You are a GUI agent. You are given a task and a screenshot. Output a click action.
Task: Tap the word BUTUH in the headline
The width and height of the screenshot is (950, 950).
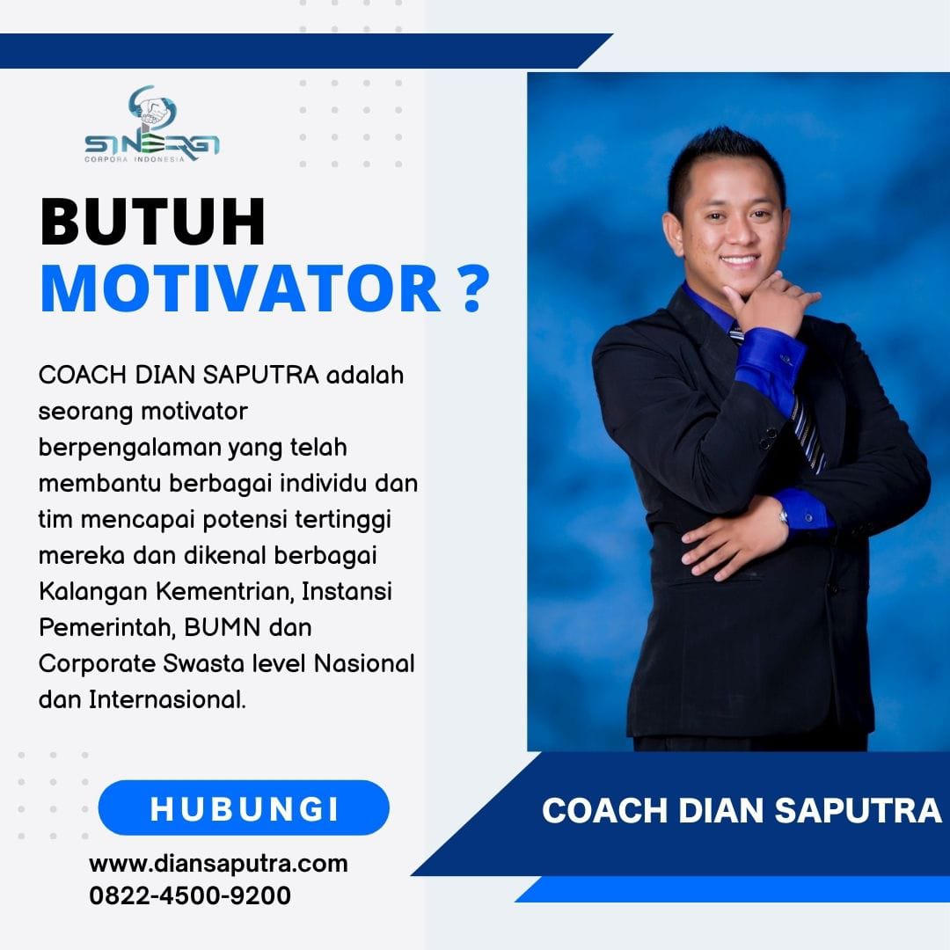coord(153,221)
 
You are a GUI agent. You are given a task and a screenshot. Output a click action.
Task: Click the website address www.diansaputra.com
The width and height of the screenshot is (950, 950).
coord(219,864)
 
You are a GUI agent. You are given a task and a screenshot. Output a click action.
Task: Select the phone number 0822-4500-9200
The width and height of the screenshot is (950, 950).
coord(190,895)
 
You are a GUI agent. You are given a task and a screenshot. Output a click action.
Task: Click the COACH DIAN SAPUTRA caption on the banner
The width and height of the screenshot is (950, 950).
coord(742,811)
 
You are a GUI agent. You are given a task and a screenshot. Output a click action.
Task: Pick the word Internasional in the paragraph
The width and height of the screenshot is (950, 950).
coord(167,700)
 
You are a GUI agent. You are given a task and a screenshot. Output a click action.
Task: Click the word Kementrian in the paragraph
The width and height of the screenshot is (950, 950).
coord(225,591)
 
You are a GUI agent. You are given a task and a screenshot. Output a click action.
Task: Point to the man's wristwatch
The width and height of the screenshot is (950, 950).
coord(784,516)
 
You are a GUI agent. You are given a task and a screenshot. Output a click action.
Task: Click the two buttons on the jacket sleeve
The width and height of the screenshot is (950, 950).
coord(768,438)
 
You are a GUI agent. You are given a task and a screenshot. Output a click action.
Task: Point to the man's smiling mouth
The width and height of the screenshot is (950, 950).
coord(739,261)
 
